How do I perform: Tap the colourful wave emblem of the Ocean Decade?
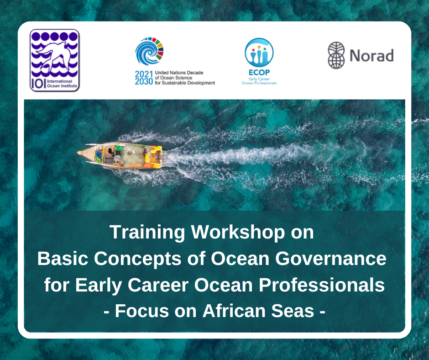pyautogui.click(x=149, y=52)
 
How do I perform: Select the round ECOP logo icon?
pyautogui.click(x=259, y=53)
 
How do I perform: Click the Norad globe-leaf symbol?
pyautogui.click(x=336, y=55)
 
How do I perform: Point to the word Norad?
pyautogui.click(x=371, y=56)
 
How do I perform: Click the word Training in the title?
pyautogui.click(x=148, y=233)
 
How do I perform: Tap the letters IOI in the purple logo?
pyautogui.click(x=38, y=82)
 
